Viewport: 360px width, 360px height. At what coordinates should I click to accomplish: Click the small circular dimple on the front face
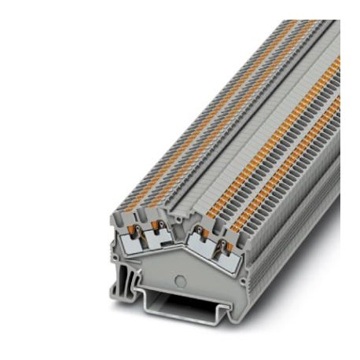coord(180,278)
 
